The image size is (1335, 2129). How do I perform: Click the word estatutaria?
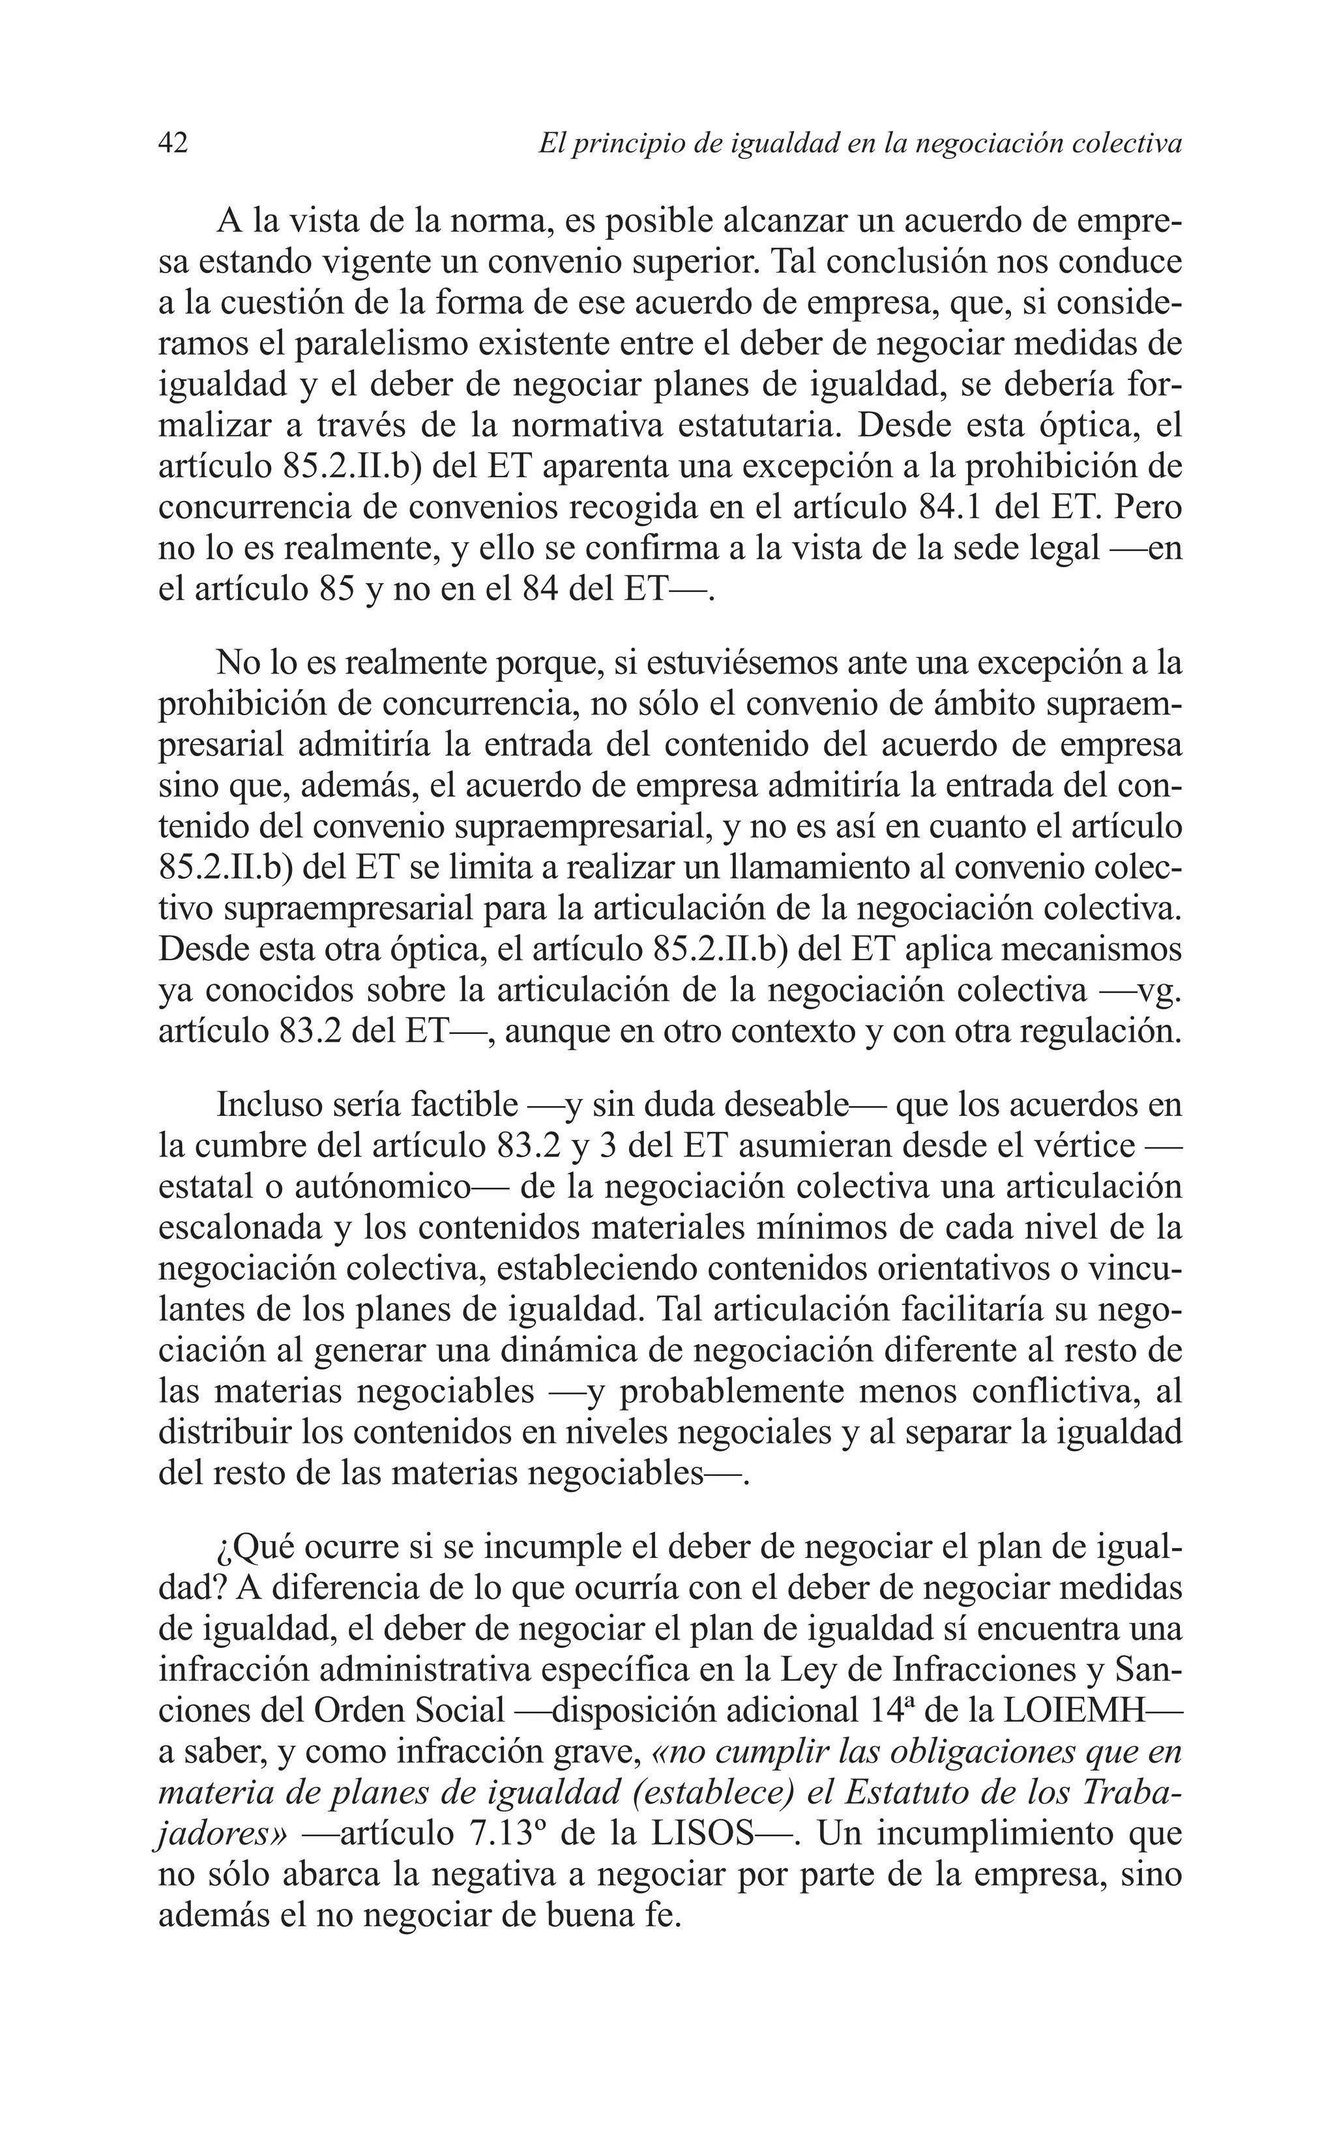pyautogui.click(x=755, y=426)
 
